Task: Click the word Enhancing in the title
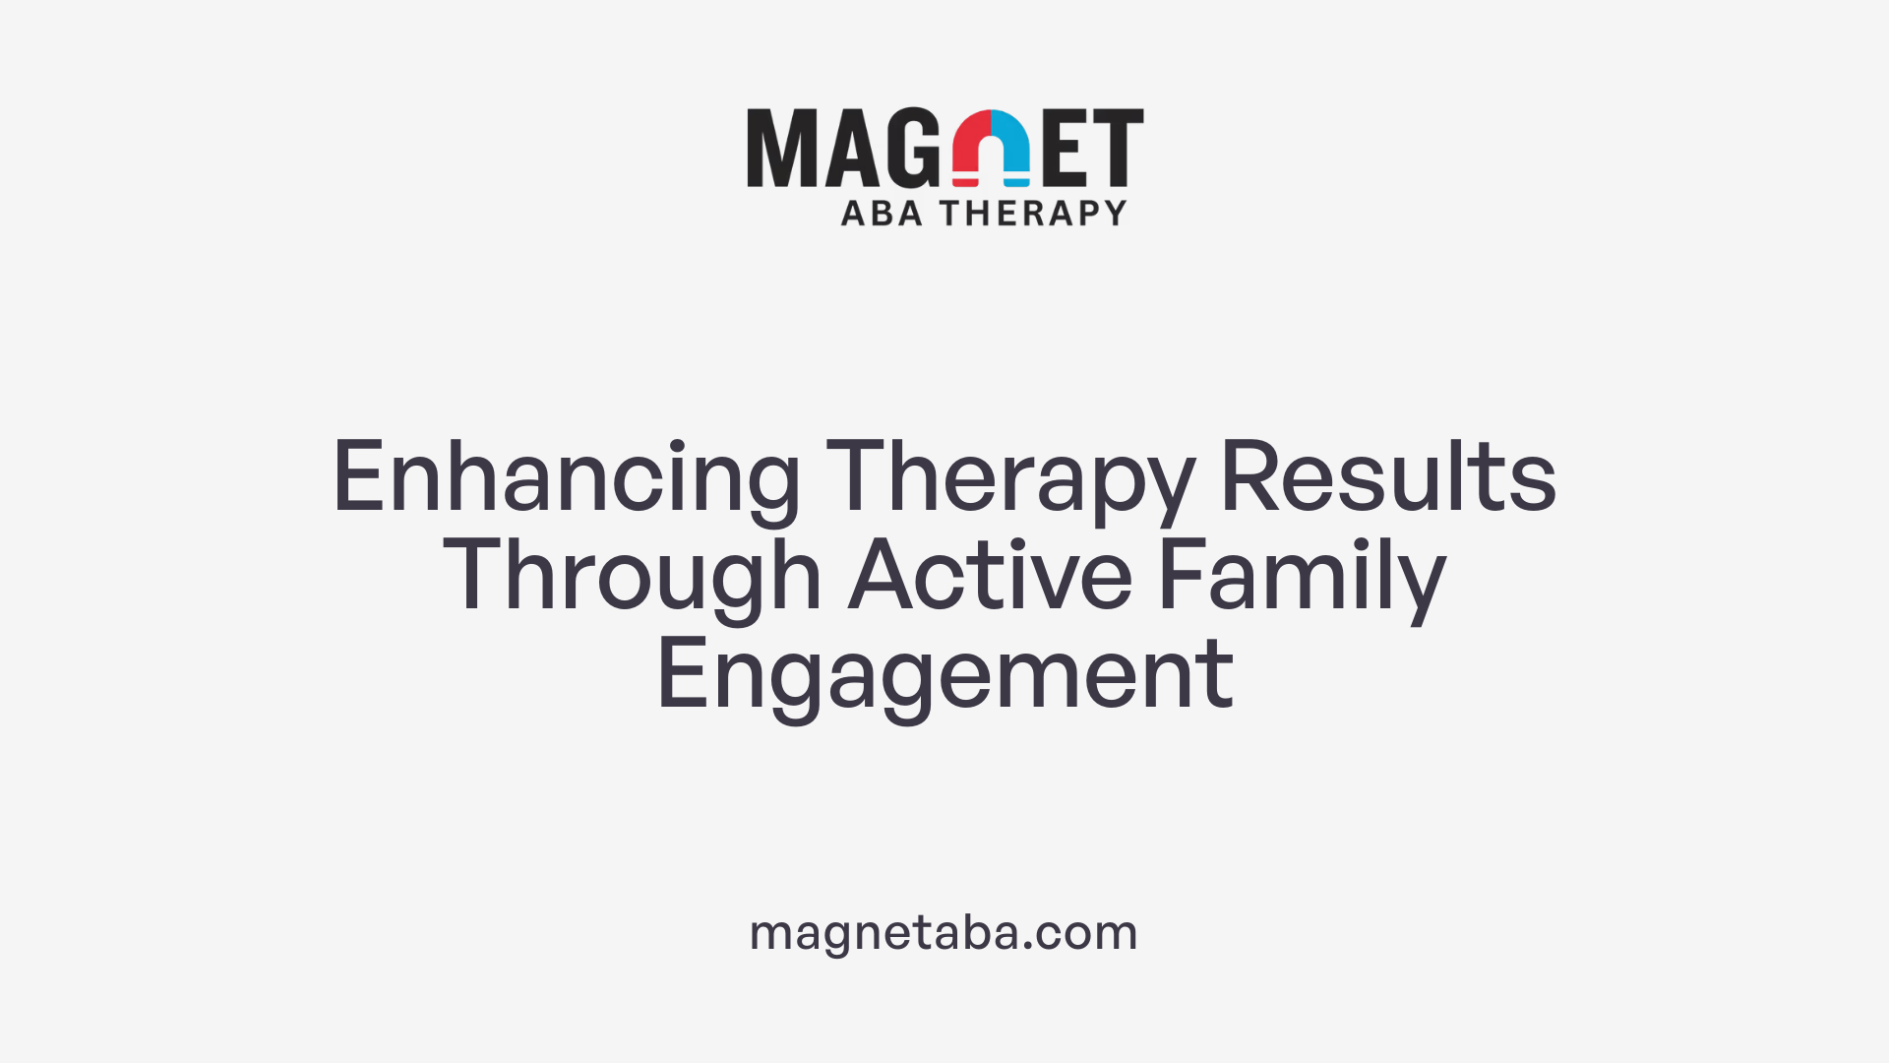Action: pyautogui.click(x=566, y=478)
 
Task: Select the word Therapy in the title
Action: pyautogui.click(x=1009, y=478)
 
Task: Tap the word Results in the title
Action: pyautogui.click(x=1387, y=476)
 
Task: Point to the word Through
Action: pyautogui.click(x=632, y=577)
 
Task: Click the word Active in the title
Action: pyautogui.click(x=990, y=575)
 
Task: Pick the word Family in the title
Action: pyautogui.click(x=1301, y=577)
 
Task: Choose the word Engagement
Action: pyautogui.click(x=944, y=675)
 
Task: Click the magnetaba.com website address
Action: pyautogui.click(x=944, y=932)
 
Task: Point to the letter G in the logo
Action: pyautogui.click(x=910, y=148)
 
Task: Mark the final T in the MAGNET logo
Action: pyautogui.click(x=1119, y=148)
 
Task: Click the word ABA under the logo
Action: pyautogui.click(x=882, y=214)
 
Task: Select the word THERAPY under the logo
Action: pyautogui.click(x=1032, y=214)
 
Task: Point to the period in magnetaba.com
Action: pyautogui.click(x=1028, y=947)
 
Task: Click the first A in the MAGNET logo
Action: pyautogui.click(x=847, y=148)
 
